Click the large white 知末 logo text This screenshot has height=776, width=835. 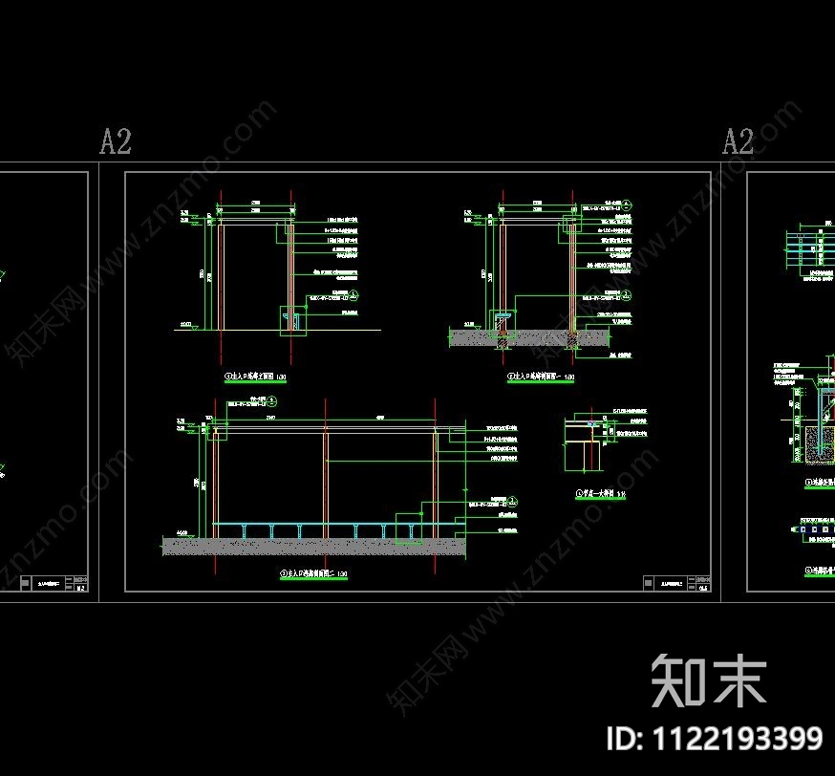709,680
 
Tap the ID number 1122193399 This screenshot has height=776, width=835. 715,738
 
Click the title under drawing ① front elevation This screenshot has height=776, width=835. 255,378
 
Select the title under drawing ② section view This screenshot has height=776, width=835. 541,378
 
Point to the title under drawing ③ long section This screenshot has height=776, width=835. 312,573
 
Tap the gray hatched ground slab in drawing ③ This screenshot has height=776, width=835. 314,546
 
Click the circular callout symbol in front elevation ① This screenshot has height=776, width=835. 353,295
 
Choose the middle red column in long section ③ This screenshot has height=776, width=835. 326,478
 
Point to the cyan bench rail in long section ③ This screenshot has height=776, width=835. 315,525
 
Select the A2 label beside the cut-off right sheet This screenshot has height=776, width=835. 738,142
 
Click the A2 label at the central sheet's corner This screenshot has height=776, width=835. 116,142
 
